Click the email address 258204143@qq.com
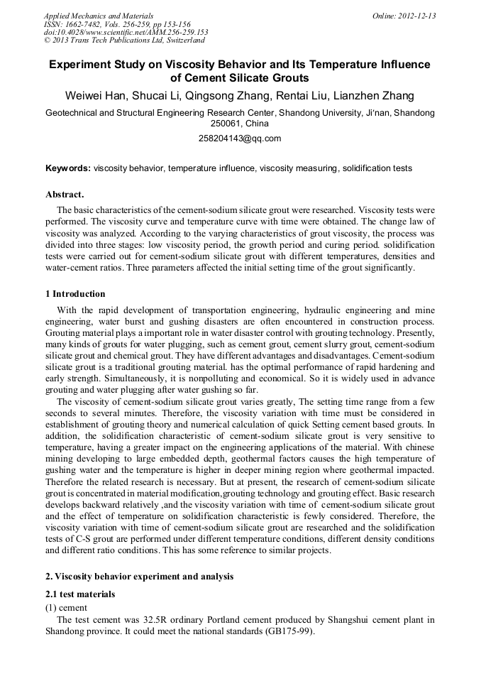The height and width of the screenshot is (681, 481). click(240, 138)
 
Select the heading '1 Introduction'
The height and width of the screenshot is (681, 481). click(75, 294)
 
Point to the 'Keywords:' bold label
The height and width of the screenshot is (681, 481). click(67, 168)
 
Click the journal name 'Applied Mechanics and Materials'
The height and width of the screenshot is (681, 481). click(98, 16)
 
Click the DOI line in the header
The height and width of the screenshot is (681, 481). click(126, 33)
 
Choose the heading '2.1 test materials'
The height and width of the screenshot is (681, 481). click(80, 594)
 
